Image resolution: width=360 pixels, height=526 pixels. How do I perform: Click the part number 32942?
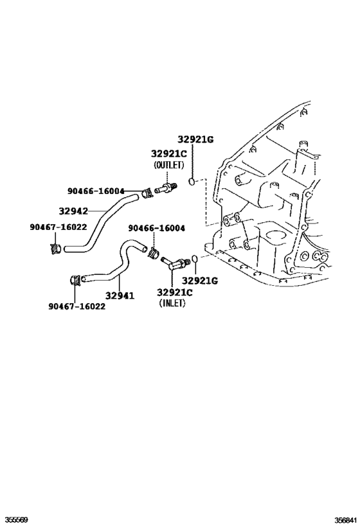coord(73,210)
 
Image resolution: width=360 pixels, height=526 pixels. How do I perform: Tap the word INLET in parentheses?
coord(172,304)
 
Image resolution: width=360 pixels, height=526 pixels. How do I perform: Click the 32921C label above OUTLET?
coord(169,153)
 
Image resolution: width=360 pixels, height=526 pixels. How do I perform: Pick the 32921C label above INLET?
coord(174,292)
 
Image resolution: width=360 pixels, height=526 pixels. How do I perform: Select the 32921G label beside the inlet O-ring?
coord(200,281)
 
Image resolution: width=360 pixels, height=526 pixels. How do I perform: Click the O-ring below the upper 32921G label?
coord(192,183)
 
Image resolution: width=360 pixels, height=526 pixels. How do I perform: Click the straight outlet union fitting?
coord(165,189)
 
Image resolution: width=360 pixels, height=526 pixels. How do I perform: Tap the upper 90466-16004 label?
coord(96,191)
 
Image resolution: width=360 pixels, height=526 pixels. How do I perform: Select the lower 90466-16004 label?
coord(156,228)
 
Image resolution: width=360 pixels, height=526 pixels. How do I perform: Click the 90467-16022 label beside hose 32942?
coord(58,227)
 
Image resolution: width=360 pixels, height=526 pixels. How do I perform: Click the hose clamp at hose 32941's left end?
coord(75,280)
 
